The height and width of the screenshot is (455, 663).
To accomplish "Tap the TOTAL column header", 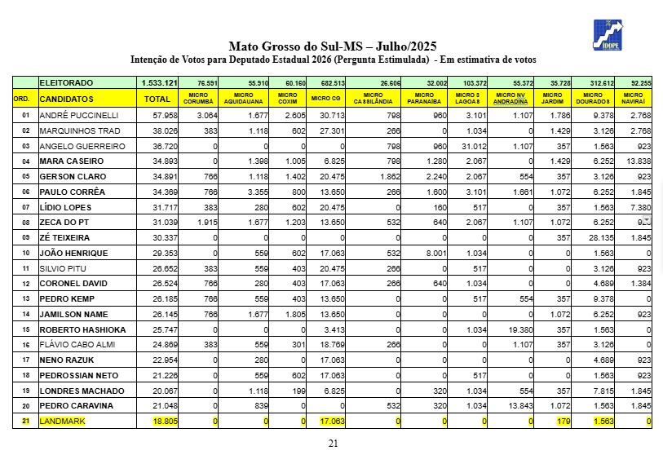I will (x=157, y=99).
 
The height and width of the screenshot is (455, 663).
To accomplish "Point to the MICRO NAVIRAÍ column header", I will (x=634, y=99).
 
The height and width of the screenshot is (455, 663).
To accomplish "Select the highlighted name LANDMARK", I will (x=64, y=421).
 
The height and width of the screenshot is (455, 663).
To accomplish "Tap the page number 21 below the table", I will (x=332, y=443).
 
